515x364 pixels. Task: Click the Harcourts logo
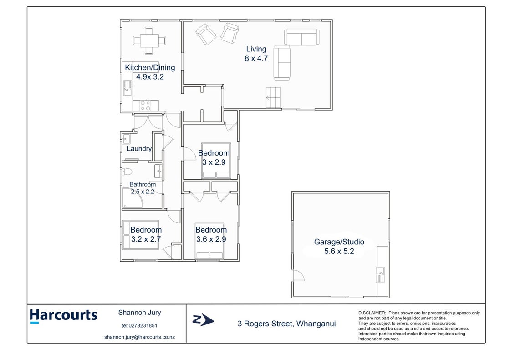[x=63, y=316]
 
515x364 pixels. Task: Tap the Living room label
[x=256, y=49]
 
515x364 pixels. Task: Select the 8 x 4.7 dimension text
[x=256, y=58]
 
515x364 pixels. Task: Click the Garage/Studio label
[x=339, y=242]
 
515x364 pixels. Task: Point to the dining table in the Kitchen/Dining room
[x=149, y=41]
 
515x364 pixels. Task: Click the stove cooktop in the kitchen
[x=146, y=106]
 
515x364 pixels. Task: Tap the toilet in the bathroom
[x=127, y=172]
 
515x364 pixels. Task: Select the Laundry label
[x=139, y=149]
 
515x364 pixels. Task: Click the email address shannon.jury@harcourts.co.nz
[x=140, y=337]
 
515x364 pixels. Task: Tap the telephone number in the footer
[x=140, y=326]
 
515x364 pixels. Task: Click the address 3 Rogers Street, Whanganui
[x=287, y=324]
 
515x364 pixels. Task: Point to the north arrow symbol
[x=203, y=320]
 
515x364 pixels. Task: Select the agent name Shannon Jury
[x=140, y=313]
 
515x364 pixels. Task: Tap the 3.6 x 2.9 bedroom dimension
[x=211, y=239]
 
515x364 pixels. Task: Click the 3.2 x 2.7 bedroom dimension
[x=146, y=239]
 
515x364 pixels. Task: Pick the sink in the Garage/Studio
[x=380, y=275]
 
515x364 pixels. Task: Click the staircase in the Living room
[x=273, y=97]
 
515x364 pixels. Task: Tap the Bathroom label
[x=143, y=184]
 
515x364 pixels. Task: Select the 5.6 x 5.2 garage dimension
[x=339, y=252]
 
